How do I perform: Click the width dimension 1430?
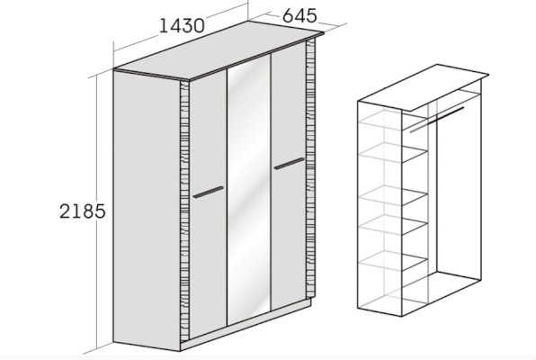pyautogui.click(x=182, y=26)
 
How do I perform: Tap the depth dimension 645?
pyautogui.click(x=299, y=15)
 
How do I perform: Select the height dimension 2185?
pyautogui.click(x=83, y=211)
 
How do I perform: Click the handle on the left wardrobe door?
pyautogui.click(x=208, y=192)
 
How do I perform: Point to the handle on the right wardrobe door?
pyautogui.click(x=289, y=164)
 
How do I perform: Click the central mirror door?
pyautogui.click(x=249, y=190)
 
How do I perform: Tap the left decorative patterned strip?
pyautogui.click(x=184, y=211)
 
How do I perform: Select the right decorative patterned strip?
pyautogui.click(x=311, y=167)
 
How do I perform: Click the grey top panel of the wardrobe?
pyautogui.click(x=219, y=50)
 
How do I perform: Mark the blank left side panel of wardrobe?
pyautogui.click(x=147, y=211)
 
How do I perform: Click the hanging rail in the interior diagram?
pyautogui.click(x=437, y=120)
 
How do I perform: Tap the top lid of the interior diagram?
pyautogui.click(x=424, y=87)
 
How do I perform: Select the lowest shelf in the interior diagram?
pyautogui.click(x=393, y=261)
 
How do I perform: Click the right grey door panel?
pyautogui.click(x=288, y=177)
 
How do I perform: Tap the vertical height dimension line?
pyautogui.click(x=97, y=212)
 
